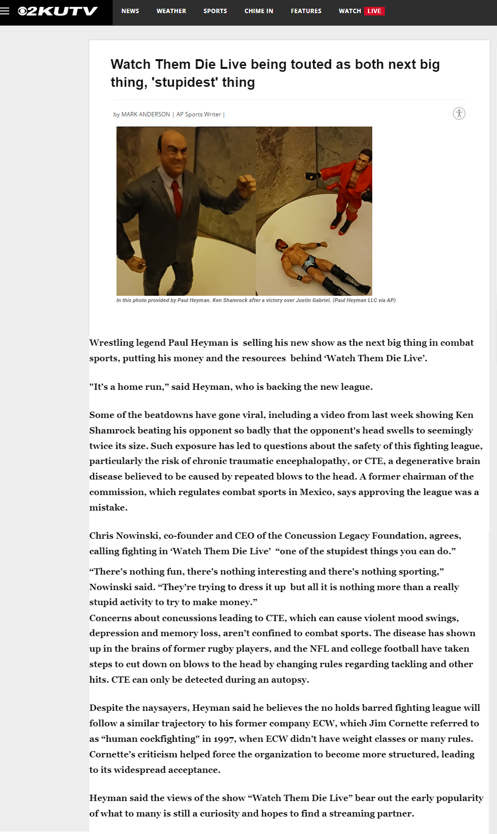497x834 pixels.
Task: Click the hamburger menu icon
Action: pyautogui.click(x=5, y=11)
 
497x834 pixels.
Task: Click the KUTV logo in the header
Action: pyautogui.click(x=58, y=11)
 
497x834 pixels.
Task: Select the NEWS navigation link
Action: pyautogui.click(x=130, y=11)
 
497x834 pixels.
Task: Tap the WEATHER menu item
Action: pyautogui.click(x=171, y=11)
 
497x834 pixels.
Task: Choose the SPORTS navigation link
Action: pyautogui.click(x=215, y=11)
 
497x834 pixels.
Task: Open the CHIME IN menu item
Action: pyautogui.click(x=259, y=11)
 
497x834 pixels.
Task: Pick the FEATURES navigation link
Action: pyautogui.click(x=306, y=11)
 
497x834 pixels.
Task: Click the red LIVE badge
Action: pyautogui.click(x=374, y=11)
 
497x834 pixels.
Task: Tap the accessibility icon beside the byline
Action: pyautogui.click(x=459, y=113)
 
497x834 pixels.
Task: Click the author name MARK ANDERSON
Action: pyautogui.click(x=146, y=114)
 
